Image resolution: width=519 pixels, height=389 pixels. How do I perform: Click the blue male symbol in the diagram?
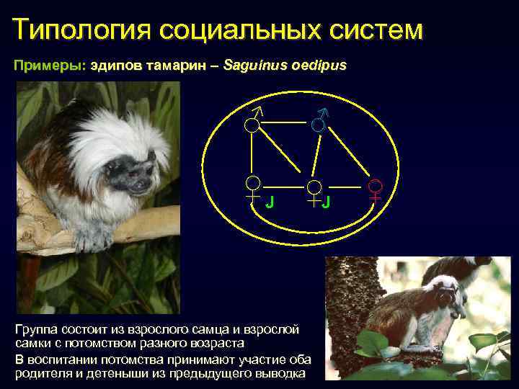pos(319,120)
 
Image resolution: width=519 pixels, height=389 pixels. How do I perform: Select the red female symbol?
pos(376,188)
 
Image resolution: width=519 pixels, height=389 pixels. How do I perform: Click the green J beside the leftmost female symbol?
pos(269,202)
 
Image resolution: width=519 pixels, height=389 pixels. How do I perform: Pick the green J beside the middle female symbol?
pos(326,202)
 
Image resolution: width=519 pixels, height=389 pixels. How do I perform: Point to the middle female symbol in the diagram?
pos(314,192)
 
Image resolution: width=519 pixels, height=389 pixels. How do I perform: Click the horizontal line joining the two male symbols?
pos(285,123)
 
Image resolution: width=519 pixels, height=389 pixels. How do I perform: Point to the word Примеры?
pos(48,66)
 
